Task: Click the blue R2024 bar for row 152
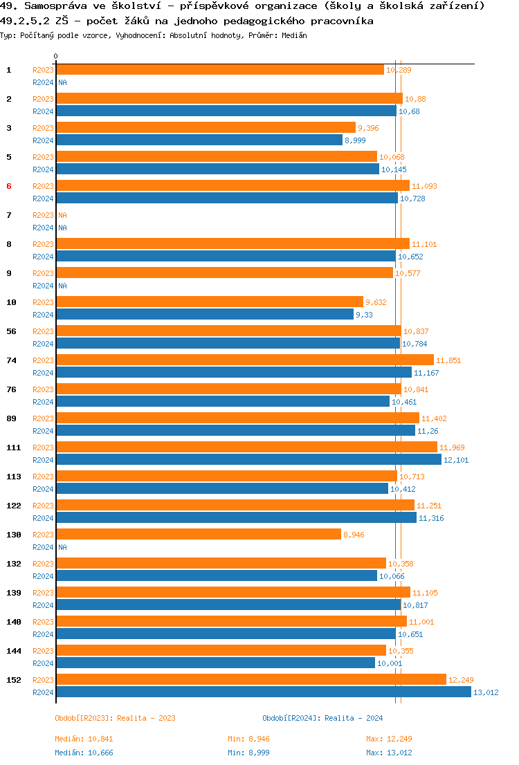point(263,692)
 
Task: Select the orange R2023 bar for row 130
point(198,534)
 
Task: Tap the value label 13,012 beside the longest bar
point(486,692)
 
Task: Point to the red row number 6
point(9,186)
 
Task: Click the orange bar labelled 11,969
point(246,447)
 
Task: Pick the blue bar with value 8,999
point(199,140)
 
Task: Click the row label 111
point(13,448)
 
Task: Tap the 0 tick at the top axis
point(56,56)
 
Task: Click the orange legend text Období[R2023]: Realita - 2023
point(116,718)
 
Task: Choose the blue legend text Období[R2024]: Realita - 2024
point(323,718)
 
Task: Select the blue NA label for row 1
point(62,82)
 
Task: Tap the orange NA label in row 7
point(62,215)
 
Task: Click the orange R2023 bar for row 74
point(244,360)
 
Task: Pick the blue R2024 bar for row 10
point(204,314)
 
